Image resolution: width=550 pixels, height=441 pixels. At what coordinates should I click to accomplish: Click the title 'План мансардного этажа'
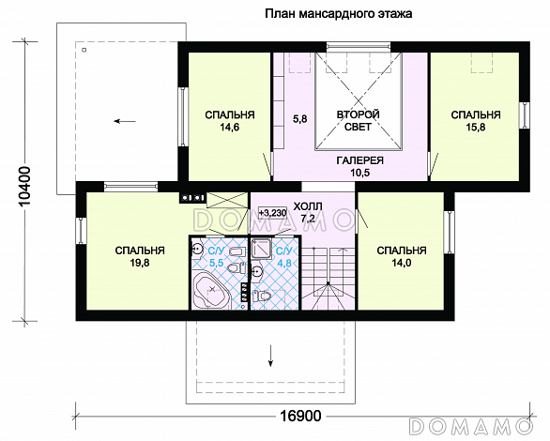tap(339, 14)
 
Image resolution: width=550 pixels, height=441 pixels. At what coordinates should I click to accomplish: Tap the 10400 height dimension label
tap(25, 187)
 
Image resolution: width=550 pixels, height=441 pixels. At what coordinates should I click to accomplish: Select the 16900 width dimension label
tap(300, 416)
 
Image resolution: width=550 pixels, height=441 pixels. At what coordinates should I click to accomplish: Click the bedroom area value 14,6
tap(229, 128)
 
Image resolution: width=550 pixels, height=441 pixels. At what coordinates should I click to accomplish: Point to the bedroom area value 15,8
tap(476, 128)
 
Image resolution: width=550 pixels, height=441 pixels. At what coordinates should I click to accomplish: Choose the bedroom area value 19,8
tap(140, 263)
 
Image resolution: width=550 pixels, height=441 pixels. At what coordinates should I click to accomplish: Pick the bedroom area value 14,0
tap(402, 263)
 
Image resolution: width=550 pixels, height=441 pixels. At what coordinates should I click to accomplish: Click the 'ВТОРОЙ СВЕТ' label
tap(359, 120)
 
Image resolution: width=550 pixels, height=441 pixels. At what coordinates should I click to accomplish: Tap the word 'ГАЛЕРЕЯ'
tap(359, 160)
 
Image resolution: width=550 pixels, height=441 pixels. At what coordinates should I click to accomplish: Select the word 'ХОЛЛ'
tap(308, 206)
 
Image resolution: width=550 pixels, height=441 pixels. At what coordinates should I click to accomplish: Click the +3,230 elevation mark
tap(272, 212)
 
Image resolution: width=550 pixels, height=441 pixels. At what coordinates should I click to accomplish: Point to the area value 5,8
tap(300, 119)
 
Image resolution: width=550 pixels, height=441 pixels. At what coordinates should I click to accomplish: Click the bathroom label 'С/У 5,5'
tap(216, 256)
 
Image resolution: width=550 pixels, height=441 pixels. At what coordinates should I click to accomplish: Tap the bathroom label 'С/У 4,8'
tap(283, 256)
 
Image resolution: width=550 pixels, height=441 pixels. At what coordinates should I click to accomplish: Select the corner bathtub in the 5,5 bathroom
tap(211, 290)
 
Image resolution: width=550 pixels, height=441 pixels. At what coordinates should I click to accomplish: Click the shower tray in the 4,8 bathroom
tap(261, 249)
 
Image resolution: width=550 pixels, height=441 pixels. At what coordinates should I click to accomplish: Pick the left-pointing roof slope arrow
tap(125, 122)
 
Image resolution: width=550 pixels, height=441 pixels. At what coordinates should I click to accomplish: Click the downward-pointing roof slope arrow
tap(270, 356)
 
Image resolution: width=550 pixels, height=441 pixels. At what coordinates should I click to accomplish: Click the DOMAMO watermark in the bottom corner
tap(471, 426)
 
